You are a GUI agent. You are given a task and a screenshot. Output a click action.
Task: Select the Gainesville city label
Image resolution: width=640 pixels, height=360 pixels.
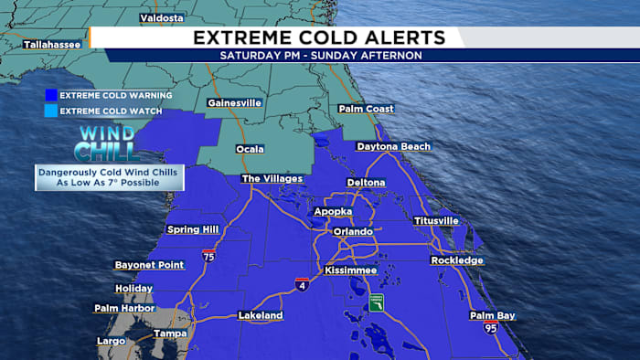pos(233,102)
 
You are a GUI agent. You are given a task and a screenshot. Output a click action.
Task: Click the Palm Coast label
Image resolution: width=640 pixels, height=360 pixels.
pos(367,109)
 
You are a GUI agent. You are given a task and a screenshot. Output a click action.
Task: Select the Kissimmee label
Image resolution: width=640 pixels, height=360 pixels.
pos(350,271)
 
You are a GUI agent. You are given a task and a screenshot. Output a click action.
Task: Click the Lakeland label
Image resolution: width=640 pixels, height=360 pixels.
pos(261,315)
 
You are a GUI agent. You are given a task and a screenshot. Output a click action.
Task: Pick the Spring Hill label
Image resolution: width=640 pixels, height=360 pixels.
pos(195,229)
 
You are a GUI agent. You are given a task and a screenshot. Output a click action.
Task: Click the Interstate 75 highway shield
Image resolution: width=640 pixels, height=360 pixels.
pos(210,256)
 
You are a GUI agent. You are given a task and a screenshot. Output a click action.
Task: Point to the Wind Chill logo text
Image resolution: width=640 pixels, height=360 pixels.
pos(108,143)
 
